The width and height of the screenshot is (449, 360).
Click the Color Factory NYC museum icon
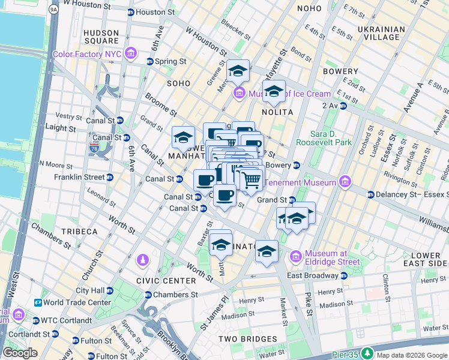coord(131,55)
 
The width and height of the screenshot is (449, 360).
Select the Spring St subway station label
coord(170,61)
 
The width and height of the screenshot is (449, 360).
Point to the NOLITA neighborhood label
coord(277,112)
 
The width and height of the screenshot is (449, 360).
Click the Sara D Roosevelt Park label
coord(331,138)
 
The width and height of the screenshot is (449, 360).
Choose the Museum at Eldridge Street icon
coord(296,257)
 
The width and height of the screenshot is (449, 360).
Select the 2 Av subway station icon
coord(343,106)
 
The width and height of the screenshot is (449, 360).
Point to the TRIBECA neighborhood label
coord(79,232)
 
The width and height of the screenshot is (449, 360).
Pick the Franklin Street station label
coord(79,177)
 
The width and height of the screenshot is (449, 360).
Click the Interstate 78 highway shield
coord(94,147)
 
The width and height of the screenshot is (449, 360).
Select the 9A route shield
coord(53,9)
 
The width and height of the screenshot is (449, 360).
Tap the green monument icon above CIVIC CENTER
coord(142,260)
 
